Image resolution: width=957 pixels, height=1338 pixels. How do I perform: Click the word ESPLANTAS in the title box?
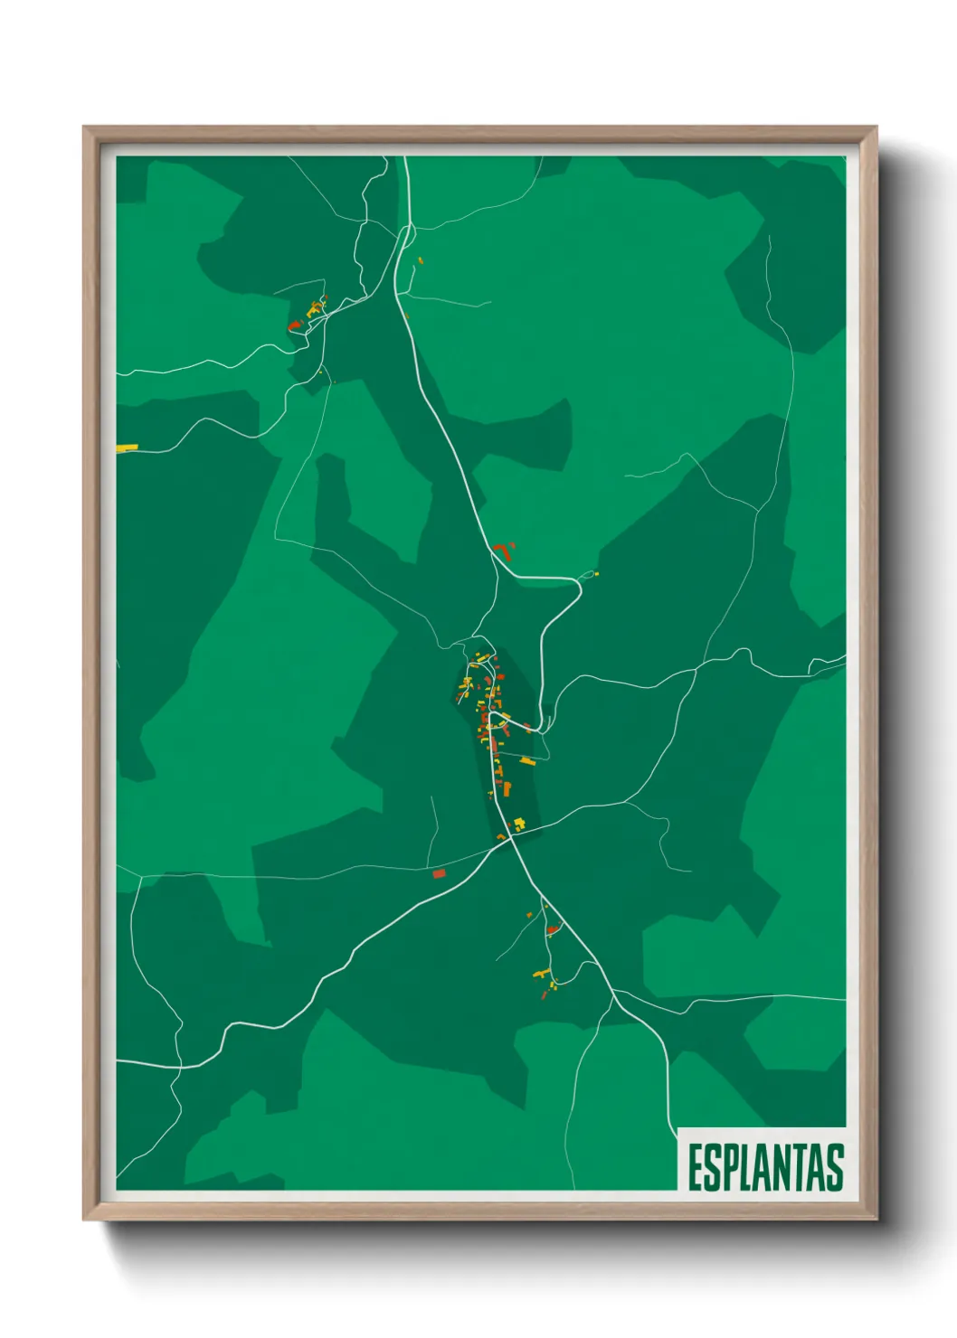pyautogui.click(x=765, y=1167)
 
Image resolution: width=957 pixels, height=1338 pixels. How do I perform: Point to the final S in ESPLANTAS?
pyautogui.click(x=835, y=1167)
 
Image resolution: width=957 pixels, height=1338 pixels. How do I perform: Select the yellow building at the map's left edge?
pyautogui.click(x=126, y=448)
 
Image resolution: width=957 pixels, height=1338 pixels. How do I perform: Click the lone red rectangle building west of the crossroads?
pyautogui.click(x=439, y=873)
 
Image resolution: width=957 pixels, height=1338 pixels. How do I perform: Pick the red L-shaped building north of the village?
pyautogui.click(x=500, y=551)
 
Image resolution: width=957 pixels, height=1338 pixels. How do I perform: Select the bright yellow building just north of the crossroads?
pyautogui.click(x=519, y=823)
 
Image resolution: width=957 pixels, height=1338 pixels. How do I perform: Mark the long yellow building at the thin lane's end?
pyautogui.click(x=527, y=761)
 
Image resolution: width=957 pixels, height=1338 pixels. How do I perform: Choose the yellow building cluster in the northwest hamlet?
pyautogui.click(x=317, y=307)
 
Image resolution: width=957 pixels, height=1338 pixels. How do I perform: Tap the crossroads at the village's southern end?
pyautogui.click(x=510, y=838)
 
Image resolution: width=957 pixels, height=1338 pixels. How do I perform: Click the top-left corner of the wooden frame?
pyautogui.click(x=85, y=128)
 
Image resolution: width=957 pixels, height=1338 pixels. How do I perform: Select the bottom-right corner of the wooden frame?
pyautogui.click(x=876, y=1220)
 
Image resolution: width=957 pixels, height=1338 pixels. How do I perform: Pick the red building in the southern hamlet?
pyautogui.click(x=552, y=929)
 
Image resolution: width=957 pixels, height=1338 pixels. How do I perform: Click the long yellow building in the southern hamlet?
pyautogui.click(x=541, y=974)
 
